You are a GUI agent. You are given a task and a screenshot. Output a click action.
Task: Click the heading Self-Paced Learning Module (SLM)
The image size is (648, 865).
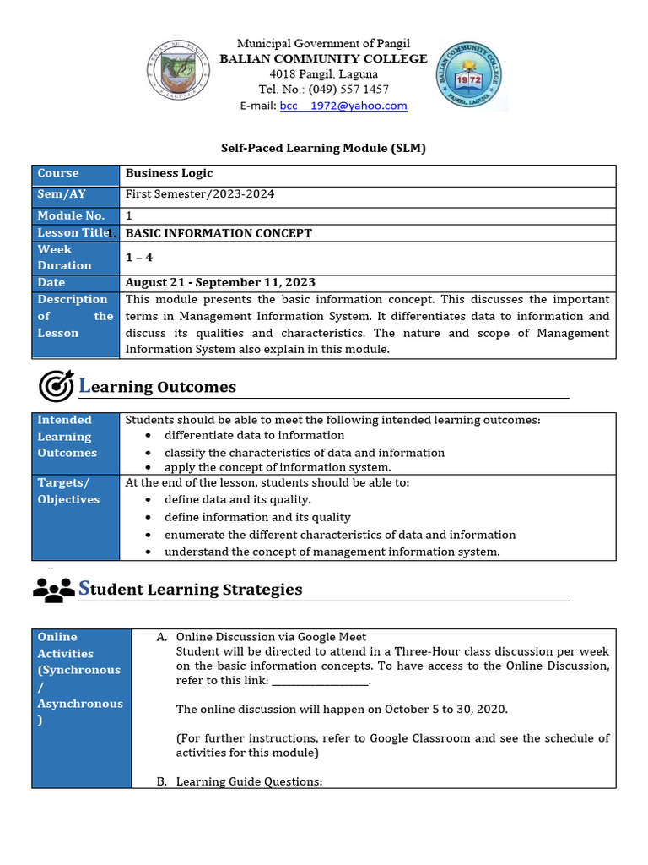tap(323, 148)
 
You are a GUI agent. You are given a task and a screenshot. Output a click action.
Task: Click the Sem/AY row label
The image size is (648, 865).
tap(62, 194)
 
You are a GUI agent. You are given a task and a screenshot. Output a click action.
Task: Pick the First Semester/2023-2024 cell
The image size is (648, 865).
tap(200, 194)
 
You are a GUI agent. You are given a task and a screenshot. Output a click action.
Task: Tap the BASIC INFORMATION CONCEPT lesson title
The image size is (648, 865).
tap(219, 233)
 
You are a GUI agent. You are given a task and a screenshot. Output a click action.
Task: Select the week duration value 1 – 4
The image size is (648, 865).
tap(139, 258)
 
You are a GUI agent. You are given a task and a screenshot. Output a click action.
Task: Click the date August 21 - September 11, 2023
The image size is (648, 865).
tap(220, 282)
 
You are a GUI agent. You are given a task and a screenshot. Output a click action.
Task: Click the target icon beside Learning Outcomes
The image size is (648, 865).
tap(56, 386)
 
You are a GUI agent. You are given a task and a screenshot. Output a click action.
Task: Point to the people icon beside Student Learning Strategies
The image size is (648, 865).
tap(54, 589)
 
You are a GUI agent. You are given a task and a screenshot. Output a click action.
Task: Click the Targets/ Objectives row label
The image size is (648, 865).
tap(67, 491)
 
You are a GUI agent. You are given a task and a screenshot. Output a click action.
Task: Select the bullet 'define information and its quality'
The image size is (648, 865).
tap(257, 517)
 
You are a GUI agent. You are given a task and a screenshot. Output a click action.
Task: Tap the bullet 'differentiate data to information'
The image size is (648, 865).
tap(254, 435)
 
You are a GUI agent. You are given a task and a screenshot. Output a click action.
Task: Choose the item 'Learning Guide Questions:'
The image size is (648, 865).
tap(249, 781)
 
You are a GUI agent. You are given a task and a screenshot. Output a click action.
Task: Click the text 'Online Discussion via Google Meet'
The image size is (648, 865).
tap(271, 637)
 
